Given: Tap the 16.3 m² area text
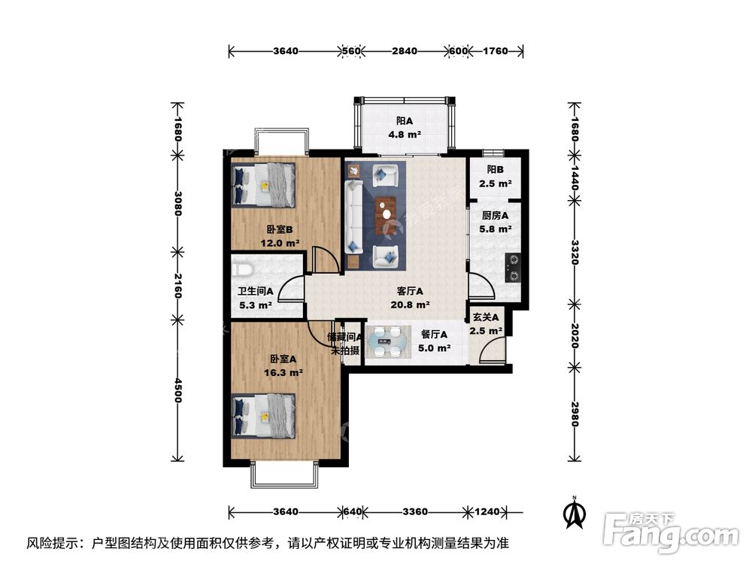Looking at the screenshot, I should coord(283,372).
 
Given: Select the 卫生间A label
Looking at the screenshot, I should coord(256,292).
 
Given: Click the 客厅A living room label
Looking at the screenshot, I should coord(410,292).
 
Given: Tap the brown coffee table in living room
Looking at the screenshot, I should coord(387,208).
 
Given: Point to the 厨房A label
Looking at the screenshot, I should coord(496,215).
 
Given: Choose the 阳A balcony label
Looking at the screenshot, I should coord(405,121).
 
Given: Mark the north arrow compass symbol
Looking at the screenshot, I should coord(575,513).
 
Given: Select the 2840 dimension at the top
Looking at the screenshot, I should coord(405,51).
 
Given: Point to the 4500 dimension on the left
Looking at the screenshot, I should coord(178,390).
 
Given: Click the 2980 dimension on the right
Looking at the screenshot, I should coord(575,413).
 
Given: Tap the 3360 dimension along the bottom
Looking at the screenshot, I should coord(414,511).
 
